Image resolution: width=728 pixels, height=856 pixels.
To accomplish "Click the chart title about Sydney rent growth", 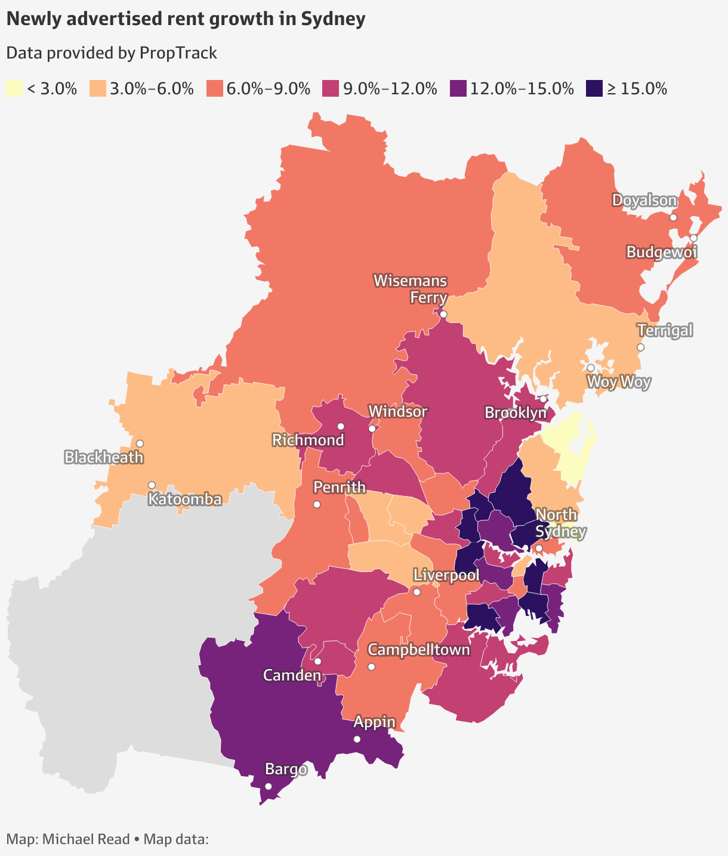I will pos(185,19).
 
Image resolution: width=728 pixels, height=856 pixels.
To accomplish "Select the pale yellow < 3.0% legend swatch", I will pos(14,89).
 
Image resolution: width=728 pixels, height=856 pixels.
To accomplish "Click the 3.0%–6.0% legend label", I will pos(152,89).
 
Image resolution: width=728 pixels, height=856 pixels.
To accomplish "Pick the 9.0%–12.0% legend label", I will pos(389,89).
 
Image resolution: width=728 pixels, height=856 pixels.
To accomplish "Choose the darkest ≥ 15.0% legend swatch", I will pos(594,89).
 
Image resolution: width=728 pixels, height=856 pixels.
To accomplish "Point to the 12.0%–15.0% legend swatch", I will pos(458,89).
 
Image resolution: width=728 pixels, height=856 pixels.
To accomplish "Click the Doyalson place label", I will pos(644,201).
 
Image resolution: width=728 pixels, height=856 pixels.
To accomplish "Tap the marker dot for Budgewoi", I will pos(693,238).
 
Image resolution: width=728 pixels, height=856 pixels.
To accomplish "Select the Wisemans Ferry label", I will pos(411,288).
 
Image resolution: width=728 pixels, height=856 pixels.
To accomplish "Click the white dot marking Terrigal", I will pos(640,347).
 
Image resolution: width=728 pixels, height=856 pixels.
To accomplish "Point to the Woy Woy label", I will pos(618,382).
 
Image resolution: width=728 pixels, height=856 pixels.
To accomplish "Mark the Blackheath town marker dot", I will pos(140,444).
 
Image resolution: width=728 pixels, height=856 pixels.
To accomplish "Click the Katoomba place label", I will pos(185,499).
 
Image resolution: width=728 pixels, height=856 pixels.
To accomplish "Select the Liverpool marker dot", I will pos(417,592).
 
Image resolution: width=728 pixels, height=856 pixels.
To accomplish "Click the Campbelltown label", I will pos(419,649).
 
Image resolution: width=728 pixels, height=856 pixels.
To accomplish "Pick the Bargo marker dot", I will pos(269,786).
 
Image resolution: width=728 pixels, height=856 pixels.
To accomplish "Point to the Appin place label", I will pos(374,722).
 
